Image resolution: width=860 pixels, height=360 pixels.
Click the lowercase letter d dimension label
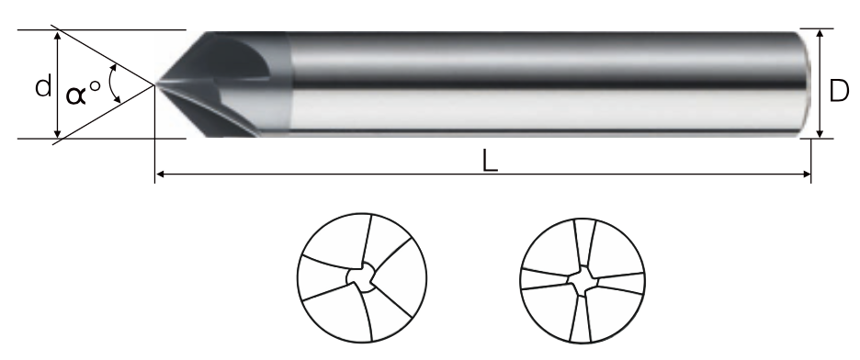point(43,86)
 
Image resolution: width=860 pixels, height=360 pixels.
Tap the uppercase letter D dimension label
point(839,91)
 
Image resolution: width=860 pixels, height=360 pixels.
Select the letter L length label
point(490,162)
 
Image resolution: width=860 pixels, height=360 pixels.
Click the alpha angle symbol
point(76,95)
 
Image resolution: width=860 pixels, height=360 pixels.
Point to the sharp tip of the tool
point(156,84)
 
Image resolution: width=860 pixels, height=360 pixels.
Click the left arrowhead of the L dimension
point(160,174)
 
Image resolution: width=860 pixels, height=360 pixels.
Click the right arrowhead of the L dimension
point(807,174)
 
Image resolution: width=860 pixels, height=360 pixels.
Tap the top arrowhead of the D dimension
point(820,33)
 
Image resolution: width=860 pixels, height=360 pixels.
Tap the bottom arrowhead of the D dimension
point(820,133)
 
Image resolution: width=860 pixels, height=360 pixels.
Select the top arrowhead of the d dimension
point(58,36)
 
